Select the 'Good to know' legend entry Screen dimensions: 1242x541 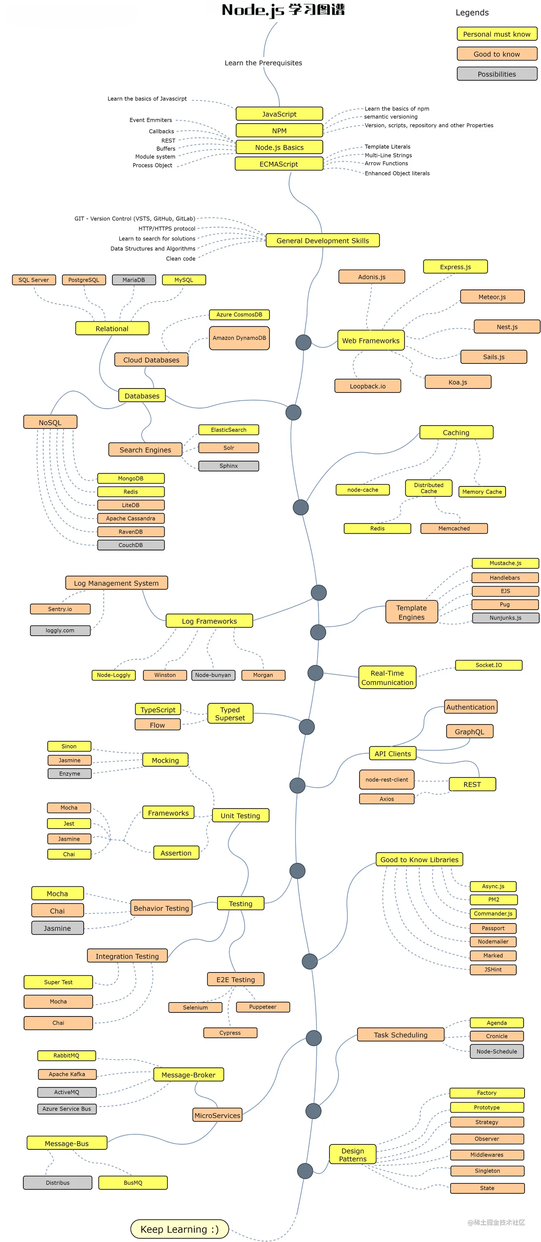[496, 54]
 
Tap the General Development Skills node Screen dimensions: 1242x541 [322, 241]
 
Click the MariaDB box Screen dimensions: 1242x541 [134, 279]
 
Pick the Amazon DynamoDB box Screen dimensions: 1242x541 [239, 338]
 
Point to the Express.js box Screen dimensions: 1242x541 [455, 267]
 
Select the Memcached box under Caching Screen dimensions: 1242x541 [453, 528]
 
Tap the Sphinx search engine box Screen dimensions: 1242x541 [228, 466]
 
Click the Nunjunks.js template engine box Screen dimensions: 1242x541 [505, 618]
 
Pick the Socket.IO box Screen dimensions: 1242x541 [488, 665]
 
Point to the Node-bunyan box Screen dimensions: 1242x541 [213, 675]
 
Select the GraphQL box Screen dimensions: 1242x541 [469, 731]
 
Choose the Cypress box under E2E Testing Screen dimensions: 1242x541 [230, 1033]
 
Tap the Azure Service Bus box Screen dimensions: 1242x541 [67, 1108]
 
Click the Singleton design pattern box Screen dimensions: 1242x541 [487, 1171]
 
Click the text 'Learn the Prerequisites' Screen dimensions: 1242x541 [263, 63]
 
